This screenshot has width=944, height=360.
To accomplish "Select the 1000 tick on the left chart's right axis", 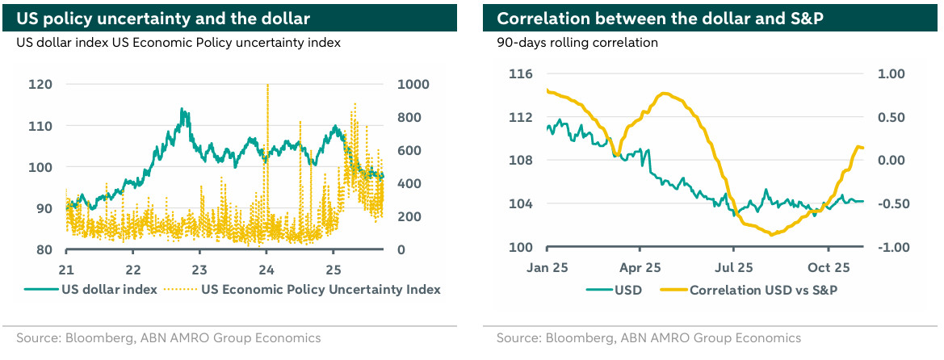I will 413,85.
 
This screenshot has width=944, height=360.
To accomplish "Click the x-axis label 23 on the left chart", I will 199,269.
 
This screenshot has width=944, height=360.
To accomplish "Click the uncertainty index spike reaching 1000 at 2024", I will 266,86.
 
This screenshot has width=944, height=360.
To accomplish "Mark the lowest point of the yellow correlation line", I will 773,235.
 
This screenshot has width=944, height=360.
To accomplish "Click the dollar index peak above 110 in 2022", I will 182,110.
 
